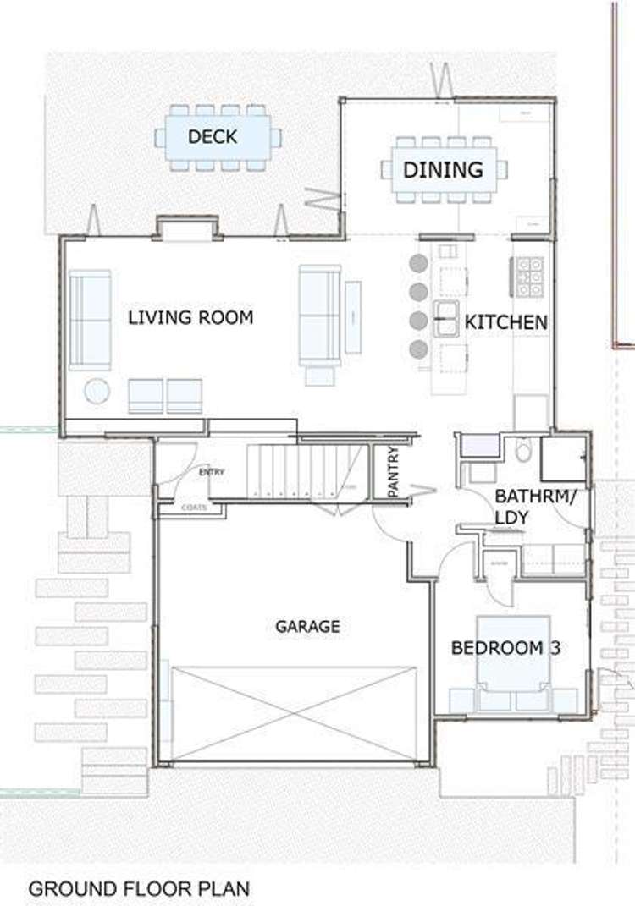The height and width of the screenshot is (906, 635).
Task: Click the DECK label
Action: (x=213, y=136)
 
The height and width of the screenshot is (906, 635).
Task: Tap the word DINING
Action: (x=443, y=169)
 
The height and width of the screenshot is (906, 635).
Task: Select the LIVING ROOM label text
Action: (x=190, y=317)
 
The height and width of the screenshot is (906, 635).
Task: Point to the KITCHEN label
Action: (x=505, y=322)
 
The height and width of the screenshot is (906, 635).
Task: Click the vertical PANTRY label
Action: (x=393, y=472)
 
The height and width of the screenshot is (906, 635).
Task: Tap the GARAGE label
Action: (x=307, y=627)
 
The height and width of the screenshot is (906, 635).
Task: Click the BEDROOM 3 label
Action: (x=506, y=648)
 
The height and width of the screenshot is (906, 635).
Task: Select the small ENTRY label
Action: (x=211, y=472)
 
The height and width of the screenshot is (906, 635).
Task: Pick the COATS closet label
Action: (x=192, y=508)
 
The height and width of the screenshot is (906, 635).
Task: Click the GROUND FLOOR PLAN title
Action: (x=140, y=889)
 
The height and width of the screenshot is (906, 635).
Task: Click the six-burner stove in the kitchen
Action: (x=530, y=277)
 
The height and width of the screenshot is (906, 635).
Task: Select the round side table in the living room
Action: (x=97, y=391)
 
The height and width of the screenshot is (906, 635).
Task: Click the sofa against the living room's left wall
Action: (x=90, y=320)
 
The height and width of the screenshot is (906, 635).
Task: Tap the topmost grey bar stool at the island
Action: (x=418, y=263)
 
